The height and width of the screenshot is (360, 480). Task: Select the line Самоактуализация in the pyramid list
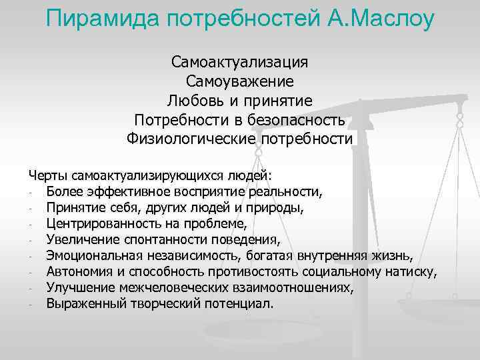tap(239, 62)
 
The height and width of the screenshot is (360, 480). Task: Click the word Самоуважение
tap(239, 81)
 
